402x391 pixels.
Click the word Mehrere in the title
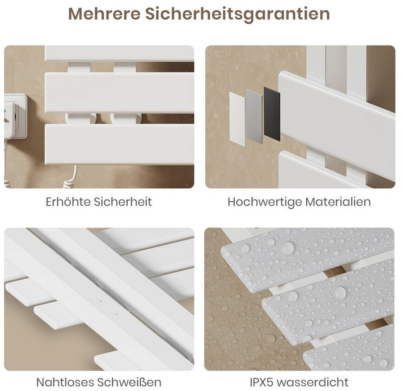104,14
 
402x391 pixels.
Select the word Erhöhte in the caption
68,201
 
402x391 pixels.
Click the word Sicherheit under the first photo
123,201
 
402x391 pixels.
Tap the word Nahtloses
65,382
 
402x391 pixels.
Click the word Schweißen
129,382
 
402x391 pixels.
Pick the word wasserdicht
313,382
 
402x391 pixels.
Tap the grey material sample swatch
254,117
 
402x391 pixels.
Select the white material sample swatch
237,119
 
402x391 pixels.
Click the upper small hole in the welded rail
101,301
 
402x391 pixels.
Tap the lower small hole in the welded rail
117,314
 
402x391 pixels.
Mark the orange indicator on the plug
6,119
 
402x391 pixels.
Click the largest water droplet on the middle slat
340,292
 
